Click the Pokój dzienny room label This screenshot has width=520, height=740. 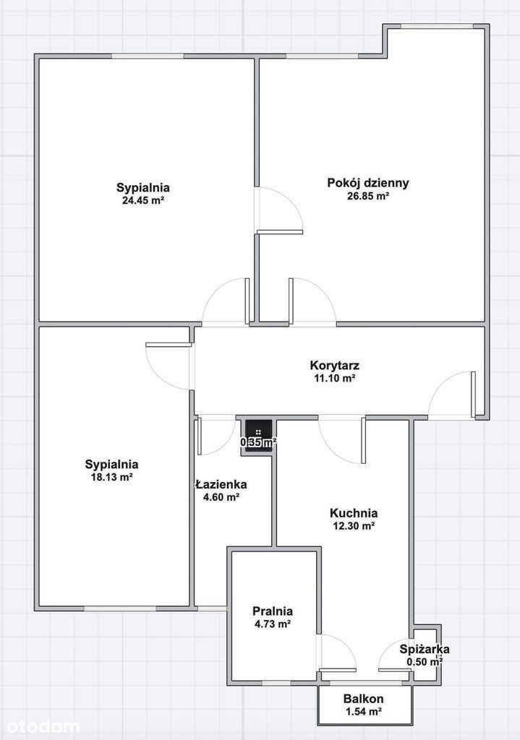coord(368,183)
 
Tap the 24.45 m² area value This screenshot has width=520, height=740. coord(143,200)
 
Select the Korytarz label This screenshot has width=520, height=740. coord(334,365)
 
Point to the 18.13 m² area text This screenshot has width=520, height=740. coord(111,477)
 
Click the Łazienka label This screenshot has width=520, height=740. coord(221,484)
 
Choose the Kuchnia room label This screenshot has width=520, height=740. coord(353,513)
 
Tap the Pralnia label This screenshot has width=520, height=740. coord(273,611)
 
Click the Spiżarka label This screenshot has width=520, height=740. coord(424,649)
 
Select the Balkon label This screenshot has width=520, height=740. coord(363,699)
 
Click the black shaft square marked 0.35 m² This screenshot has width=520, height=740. coord(258,436)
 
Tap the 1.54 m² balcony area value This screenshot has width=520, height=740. coord(363,711)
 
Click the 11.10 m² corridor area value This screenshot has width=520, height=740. coord(334,378)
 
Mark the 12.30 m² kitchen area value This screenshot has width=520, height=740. coord(354,526)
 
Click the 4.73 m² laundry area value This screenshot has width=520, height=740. coord(273,624)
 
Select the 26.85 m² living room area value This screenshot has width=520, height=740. coord(368,196)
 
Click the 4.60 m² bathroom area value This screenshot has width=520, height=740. coord(221,497)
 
